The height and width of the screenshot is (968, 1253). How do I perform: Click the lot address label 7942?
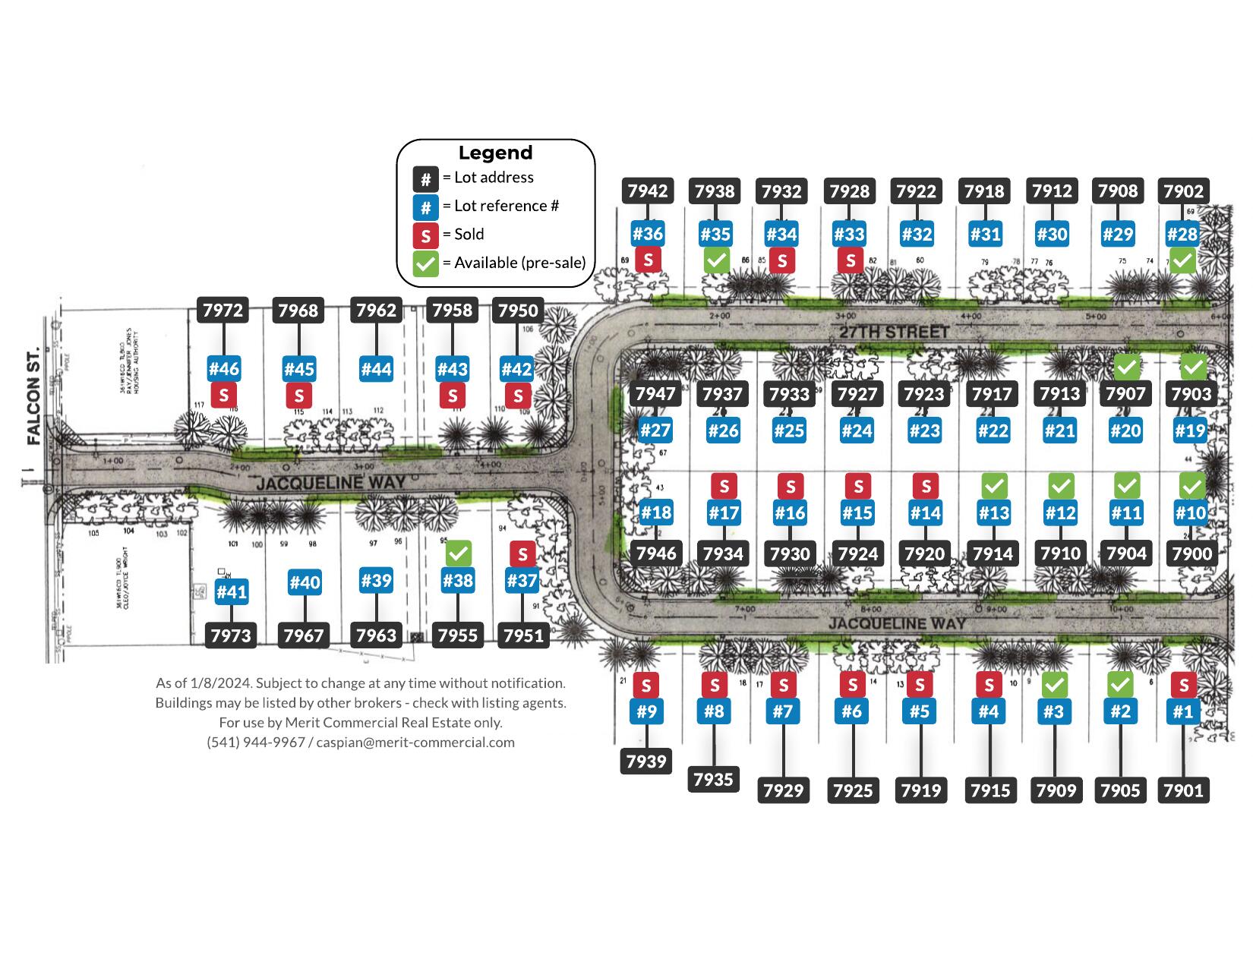point(648,191)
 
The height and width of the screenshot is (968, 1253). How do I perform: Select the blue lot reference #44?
point(376,369)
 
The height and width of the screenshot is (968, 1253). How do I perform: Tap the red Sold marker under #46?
point(224,395)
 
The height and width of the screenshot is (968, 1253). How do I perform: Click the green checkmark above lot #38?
point(458,553)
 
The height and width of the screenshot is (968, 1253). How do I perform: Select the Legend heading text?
point(495,153)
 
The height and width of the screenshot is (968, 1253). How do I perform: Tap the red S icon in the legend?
point(425,235)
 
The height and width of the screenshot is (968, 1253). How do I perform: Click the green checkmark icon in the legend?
point(425,264)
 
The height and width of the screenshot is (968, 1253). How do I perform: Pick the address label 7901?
point(1183,790)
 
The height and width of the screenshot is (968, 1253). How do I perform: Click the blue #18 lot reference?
point(656,512)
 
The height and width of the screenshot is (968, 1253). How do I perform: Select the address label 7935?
point(713,779)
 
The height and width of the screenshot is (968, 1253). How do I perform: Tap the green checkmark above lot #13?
point(993,485)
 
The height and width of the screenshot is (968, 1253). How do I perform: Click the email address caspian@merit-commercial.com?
point(415,743)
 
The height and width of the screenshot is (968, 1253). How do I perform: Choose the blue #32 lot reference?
point(917,234)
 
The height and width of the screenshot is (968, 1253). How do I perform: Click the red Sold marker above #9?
point(645,686)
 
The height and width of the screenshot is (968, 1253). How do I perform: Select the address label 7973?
point(231,635)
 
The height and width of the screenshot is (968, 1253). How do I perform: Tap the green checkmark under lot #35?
point(716,260)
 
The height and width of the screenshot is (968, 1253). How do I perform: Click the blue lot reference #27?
point(655,430)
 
